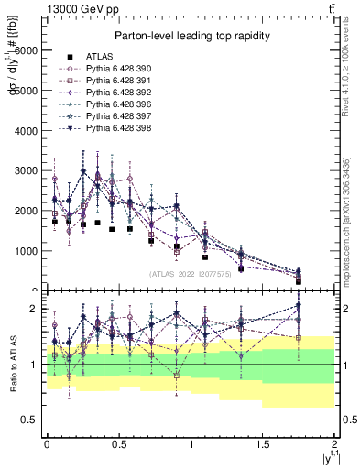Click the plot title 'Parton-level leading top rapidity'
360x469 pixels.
tap(191, 36)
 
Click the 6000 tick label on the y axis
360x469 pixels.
tap(29, 51)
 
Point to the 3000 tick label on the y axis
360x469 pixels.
tap(29, 171)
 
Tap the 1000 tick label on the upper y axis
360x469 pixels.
tap(29, 251)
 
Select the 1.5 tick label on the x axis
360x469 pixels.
tap(263, 443)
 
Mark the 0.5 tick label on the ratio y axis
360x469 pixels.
tap(32, 420)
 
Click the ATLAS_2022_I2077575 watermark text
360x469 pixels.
tap(190, 273)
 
